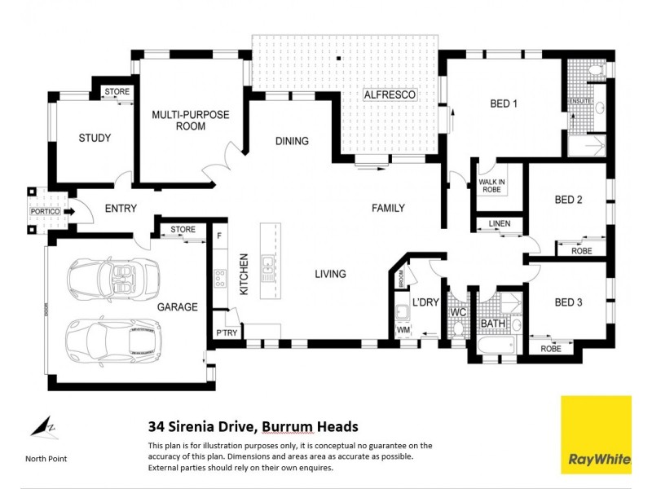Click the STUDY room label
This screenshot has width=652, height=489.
pos(95,138)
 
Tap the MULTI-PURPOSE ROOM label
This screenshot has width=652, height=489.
pos(191,121)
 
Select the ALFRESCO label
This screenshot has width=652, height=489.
pos(390,95)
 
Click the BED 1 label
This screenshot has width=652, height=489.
pos(504,104)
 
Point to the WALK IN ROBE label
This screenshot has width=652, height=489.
pos(491,186)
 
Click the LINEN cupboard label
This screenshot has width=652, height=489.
pos(500,223)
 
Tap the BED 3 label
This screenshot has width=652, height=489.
pos(568,302)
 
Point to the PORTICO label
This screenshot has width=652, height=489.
pos(45,212)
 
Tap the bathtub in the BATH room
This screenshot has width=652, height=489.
pos(495,348)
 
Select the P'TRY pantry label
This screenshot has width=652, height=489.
pos(226,333)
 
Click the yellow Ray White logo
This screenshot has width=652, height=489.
pos(596,434)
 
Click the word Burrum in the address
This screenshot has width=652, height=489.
pos(284,426)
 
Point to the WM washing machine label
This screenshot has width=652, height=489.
pos(403,329)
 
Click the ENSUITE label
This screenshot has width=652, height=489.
pos(580,101)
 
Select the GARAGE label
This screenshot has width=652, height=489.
pos(177,307)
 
